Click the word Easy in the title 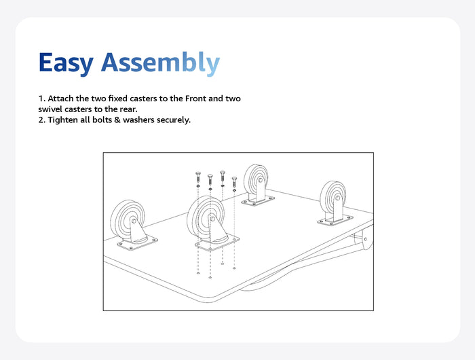click(66, 63)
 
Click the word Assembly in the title click(160, 63)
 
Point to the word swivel click(50, 109)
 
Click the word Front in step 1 click(195, 98)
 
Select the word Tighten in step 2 click(62, 120)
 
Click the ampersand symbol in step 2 click(117, 120)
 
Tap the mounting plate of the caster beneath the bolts click(217, 243)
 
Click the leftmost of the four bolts click(198, 177)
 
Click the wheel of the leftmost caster click(127, 218)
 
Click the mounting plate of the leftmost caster click(138, 243)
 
